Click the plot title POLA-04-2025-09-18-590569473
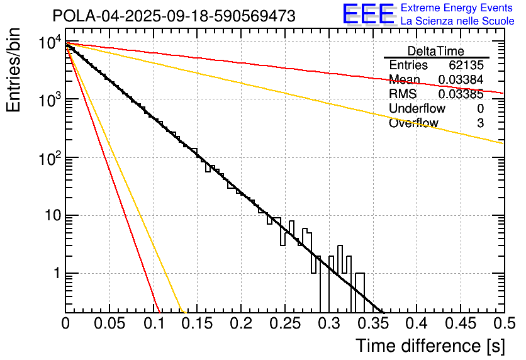[174, 16]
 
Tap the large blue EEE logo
[369, 14]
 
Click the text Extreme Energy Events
[457, 8]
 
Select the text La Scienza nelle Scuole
[457, 21]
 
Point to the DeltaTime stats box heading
[436, 51]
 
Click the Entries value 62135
[466, 65]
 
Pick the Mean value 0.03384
[461, 80]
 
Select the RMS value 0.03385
[461, 94]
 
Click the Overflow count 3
[480, 123]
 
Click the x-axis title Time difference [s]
[429, 346]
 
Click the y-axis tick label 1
[55, 274]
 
